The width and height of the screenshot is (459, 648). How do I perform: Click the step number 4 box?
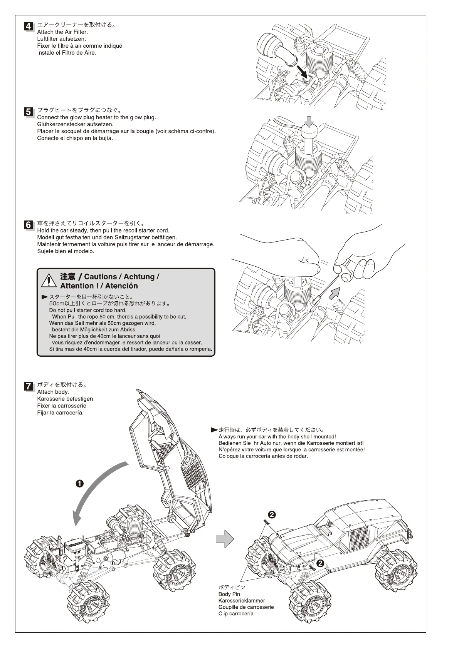click(x=28, y=27)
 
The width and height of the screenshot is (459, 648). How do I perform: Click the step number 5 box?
click(x=28, y=112)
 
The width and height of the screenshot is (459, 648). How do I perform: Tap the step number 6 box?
click(x=28, y=225)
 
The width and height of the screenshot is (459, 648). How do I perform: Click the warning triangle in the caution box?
click(x=49, y=281)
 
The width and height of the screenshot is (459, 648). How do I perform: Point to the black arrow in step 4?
click(x=301, y=70)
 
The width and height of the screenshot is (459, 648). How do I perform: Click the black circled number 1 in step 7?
click(x=79, y=484)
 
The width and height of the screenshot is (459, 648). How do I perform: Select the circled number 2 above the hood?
click(x=272, y=514)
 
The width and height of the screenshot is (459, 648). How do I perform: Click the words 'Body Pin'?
click(x=229, y=594)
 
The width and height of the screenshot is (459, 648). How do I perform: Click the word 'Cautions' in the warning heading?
click(x=100, y=277)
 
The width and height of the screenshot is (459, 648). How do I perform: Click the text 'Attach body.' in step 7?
click(x=53, y=392)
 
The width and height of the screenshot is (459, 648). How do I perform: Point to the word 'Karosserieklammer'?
click(x=242, y=601)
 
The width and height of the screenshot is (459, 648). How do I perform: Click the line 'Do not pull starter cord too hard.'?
click(x=88, y=310)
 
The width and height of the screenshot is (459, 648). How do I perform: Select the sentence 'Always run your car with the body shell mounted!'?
click(x=277, y=437)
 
